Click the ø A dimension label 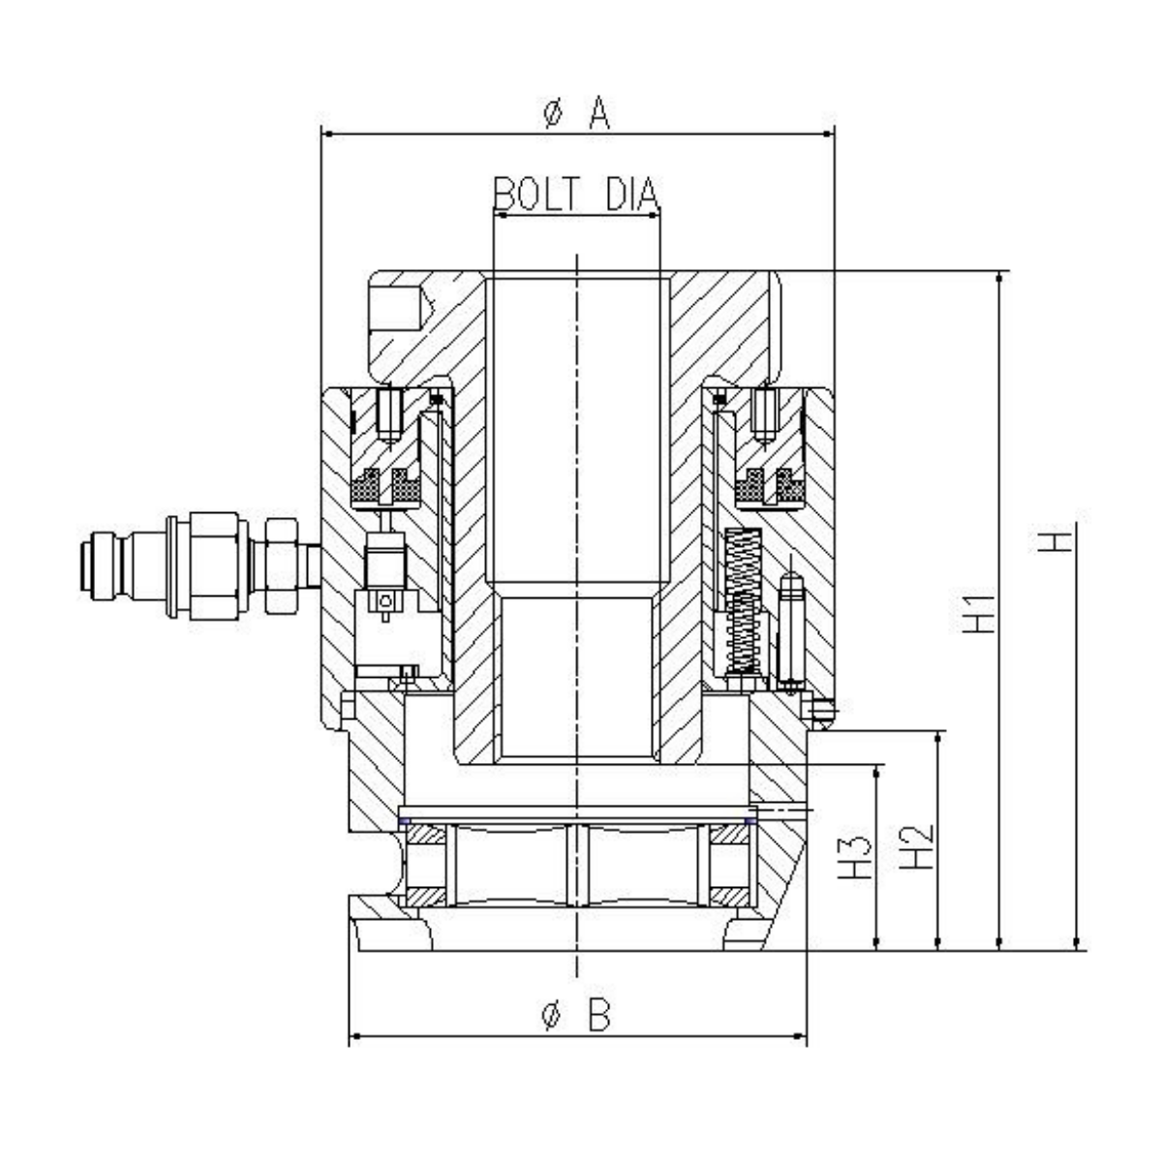(x=577, y=114)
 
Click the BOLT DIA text (x=576, y=195)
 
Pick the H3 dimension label (x=855, y=856)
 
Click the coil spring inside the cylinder (x=740, y=600)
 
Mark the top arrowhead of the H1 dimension (x=999, y=279)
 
